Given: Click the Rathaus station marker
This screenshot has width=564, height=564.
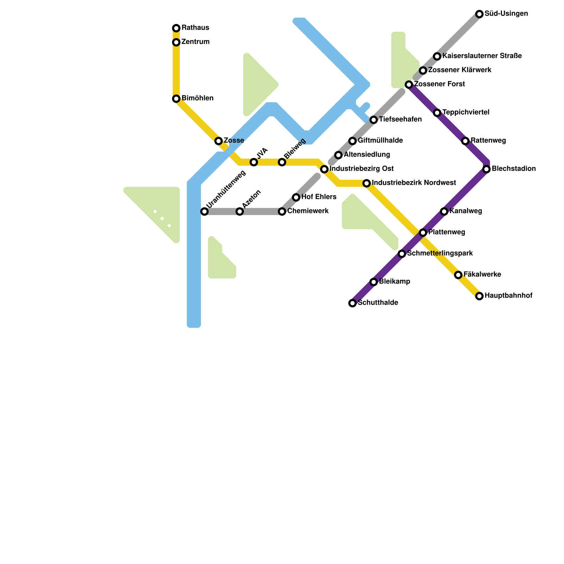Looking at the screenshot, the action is [x=176, y=28].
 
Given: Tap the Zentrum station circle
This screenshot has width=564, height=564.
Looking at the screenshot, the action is [x=176, y=42].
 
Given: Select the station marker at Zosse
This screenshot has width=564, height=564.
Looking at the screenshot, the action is [x=219, y=141].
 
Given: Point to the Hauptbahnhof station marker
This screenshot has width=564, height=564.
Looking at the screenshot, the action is [x=479, y=296].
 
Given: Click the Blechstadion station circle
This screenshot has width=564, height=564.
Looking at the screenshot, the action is [x=486, y=169].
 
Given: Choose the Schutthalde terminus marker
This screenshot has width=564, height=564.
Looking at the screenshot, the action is [x=352, y=303].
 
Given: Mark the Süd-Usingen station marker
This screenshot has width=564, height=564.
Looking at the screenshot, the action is [x=479, y=14].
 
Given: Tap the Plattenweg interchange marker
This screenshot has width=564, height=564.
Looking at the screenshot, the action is [x=423, y=233].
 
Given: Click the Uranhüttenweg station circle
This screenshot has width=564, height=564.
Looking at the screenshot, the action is [x=204, y=211].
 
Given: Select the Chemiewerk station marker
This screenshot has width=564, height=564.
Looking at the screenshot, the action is [x=282, y=211].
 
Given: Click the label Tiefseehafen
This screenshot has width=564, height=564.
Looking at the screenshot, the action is [x=400, y=119].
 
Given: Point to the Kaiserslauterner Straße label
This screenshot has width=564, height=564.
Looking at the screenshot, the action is [x=482, y=56].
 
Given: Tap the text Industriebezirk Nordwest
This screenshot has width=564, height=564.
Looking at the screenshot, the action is [x=414, y=183].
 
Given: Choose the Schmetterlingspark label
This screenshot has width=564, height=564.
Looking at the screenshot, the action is [x=440, y=253].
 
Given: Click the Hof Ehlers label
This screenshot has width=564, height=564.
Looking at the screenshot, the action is [x=319, y=197].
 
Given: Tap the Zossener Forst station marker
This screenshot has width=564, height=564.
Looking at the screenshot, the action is [x=409, y=85].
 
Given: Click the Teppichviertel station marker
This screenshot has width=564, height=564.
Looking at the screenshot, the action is [x=437, y=113].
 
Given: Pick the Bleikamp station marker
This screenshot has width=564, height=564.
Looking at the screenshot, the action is [x=374, y=282].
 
